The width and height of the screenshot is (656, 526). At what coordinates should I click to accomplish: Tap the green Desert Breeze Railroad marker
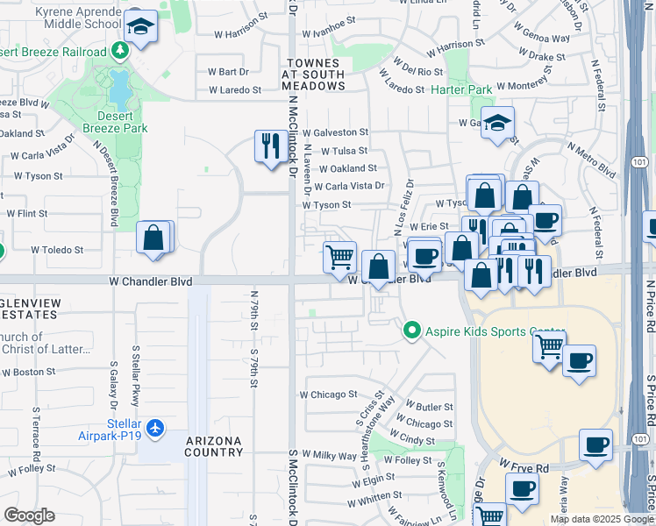tap(120, 51)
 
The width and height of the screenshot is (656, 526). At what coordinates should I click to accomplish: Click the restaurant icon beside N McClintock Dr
tap(269, 145)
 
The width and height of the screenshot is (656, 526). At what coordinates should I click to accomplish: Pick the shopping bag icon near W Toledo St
tap(153, 238)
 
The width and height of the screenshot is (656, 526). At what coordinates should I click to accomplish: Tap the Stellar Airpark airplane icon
tap(156, 429)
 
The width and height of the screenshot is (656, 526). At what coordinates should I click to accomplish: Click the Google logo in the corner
tap(29, 515)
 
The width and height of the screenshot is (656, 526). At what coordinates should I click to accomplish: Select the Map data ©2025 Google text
tap(601, 519)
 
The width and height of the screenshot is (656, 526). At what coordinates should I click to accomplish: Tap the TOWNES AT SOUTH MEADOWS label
tap(313, 75)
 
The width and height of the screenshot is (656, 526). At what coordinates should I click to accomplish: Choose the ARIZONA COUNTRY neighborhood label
tap(214, 445)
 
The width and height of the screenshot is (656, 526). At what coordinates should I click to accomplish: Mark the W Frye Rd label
tap(524, 466)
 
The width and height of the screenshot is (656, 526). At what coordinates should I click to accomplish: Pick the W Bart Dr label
tap(228, 72)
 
